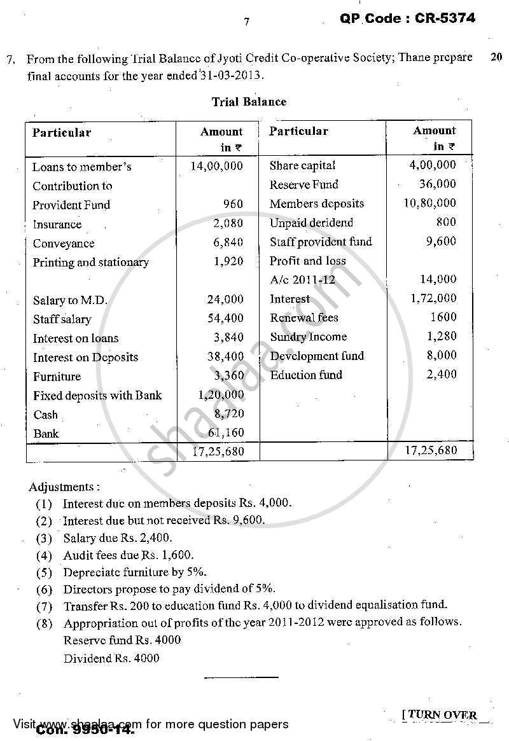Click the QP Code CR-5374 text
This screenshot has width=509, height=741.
(407, 18)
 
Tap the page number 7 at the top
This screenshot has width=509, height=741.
(247, 22)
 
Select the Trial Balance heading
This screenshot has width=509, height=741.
(249, 102)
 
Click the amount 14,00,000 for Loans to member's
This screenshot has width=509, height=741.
(216, 166)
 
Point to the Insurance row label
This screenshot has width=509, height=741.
(57, 224)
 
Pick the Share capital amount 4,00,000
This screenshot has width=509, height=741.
(433, 165)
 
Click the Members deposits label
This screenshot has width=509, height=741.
(317, 204)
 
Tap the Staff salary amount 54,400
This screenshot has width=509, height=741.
(225, 319)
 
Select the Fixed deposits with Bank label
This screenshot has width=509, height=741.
(97, 396)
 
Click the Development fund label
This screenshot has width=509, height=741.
(317, 356)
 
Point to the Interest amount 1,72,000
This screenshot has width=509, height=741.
(433, 298)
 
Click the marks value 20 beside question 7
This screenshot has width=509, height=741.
(496, 57)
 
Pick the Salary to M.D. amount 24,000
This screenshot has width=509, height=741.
(225, 300)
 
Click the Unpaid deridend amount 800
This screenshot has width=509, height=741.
(446, 222)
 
